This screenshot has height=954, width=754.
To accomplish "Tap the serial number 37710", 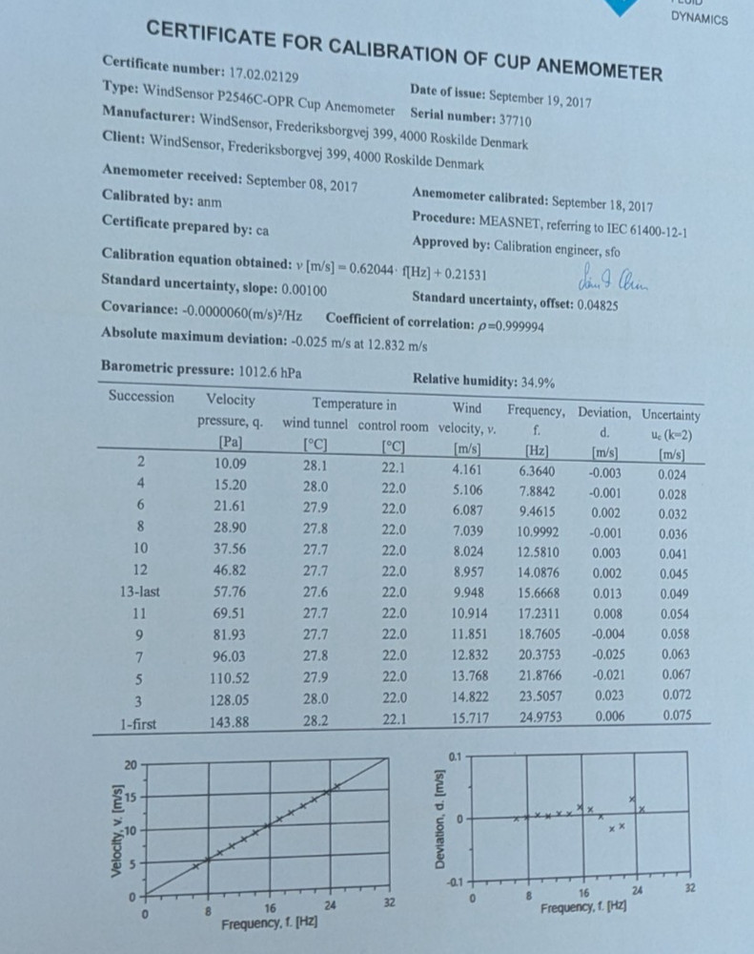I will (x=514, y=120).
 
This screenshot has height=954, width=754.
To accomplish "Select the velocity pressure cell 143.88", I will (x=229, y=722).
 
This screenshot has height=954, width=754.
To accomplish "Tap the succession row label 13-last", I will (x=139, y=591).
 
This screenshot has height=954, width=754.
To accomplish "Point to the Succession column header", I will (x=141, y=396).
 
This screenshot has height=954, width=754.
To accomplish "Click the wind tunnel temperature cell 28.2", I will (x=316, y=721).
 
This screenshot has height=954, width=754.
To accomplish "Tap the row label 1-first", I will (x=139, y=724).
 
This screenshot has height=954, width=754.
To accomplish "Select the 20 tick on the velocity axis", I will (x=131, y=765).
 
